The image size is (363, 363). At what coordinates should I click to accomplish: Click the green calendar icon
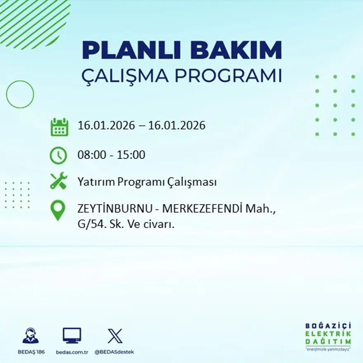(x=59, y=127)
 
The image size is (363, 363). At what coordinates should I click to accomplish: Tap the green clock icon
(x=58, y=155)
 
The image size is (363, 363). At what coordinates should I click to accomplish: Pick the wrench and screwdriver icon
(x=58, y=181)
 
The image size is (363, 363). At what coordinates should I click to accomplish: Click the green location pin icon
(x=58, y=210)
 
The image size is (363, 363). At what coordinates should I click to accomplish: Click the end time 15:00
(x=132, y=155)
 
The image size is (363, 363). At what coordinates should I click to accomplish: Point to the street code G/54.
(x=89, y=225)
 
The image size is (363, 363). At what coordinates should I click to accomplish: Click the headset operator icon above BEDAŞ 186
(x=31, y=336)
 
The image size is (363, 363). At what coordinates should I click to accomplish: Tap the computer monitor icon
(x=72, y=335)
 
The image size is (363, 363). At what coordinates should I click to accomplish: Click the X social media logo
(x=115, y=336)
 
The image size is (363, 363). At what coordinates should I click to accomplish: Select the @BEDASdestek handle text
(x=114, y=352)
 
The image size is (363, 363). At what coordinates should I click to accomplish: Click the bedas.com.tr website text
(x=72, y=352)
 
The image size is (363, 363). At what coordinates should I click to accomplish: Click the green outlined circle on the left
(x=20, y=94)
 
